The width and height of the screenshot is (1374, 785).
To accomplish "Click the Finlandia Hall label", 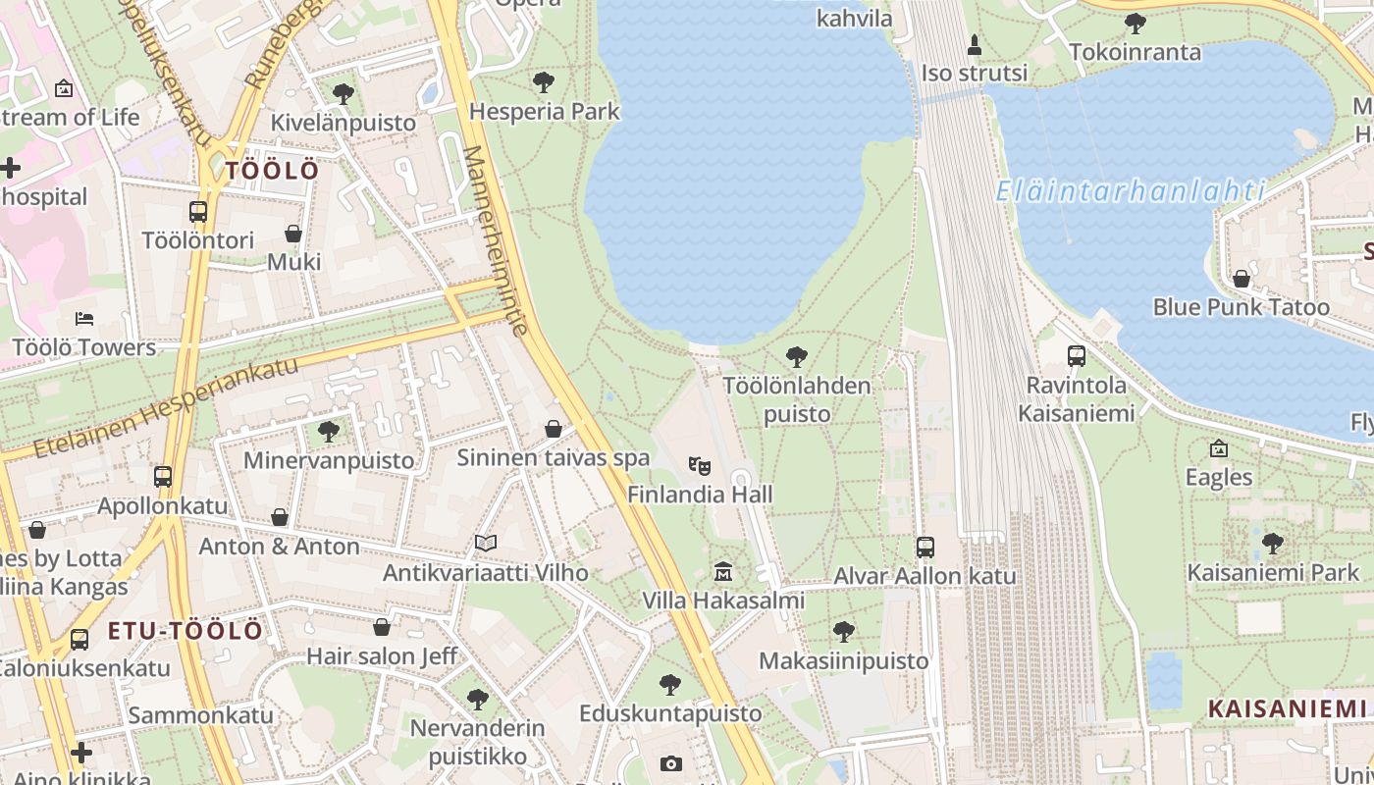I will coord(700,495).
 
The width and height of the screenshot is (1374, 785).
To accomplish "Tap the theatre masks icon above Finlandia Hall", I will coord(699,465).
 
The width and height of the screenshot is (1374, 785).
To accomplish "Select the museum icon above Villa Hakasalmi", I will coord(723,571).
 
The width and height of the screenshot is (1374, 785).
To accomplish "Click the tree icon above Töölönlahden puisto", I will coord(797,356).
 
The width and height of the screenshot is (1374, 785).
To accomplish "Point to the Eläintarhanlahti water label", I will coord(1130,190).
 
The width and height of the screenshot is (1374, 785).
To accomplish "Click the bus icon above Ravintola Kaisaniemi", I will coord(1076,356).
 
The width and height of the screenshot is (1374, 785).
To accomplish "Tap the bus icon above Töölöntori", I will coord(198,211).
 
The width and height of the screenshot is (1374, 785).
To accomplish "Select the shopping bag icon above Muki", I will coord(293,234).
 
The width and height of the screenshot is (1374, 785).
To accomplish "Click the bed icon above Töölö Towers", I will coord(84,319).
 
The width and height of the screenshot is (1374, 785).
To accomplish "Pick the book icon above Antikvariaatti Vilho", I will coord(486,543).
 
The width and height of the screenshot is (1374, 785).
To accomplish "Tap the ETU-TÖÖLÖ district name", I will coord(185,631).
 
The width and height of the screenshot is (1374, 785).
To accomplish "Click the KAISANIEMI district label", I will coord(1287,708).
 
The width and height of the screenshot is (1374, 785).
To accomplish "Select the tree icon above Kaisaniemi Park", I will coord(1273,543).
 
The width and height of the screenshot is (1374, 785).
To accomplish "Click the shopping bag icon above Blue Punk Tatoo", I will coord(1242,279).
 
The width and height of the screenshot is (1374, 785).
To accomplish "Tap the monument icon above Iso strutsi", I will coord(974,45).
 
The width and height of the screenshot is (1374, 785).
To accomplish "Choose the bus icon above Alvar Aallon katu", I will coord(925,548).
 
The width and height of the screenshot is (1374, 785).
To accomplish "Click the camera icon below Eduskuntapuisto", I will coord(670,763).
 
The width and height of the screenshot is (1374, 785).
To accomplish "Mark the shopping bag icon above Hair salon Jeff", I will coord(382,627).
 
